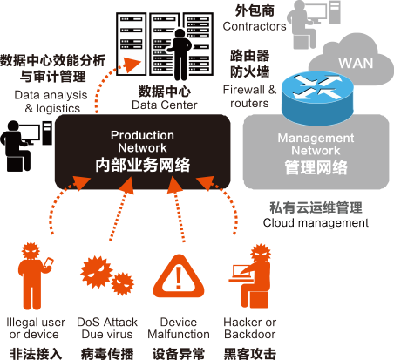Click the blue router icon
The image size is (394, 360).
317,99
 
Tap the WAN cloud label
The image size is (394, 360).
356,63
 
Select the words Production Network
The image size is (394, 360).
142,141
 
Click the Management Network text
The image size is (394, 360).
316,144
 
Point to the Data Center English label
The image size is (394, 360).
165,105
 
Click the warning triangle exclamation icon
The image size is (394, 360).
179,276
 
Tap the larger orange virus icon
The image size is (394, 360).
97,272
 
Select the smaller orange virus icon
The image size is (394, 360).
123,283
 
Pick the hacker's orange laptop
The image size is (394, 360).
240,274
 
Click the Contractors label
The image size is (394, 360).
255,26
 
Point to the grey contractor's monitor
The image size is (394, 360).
316,12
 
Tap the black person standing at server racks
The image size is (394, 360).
180,54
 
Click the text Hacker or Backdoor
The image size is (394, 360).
250,328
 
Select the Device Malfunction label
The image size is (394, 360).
179,328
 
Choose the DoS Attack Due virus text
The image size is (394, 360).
107,328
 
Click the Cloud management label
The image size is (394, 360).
316,223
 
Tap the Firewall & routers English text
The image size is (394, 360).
249,97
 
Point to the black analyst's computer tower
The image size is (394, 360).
47,132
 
